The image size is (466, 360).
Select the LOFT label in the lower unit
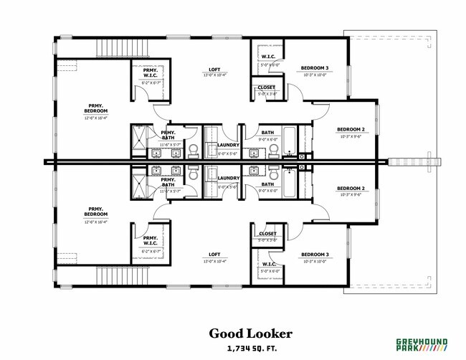(x=214, y=255)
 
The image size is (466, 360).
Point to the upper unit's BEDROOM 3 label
(x=315, y=68)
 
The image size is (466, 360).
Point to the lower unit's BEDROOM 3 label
(x=315, y=255)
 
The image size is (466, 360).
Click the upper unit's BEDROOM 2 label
(x=351, y=130)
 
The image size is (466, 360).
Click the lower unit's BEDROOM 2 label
(x=351, y=189)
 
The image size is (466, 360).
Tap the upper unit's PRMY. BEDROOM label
(x=95, y=109)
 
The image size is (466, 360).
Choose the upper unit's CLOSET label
(x=267, y=87)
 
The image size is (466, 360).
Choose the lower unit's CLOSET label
(x=267, y=234)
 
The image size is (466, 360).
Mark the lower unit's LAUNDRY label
(x=228, y=178)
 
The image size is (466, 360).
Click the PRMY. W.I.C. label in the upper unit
(x=150, y=72)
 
